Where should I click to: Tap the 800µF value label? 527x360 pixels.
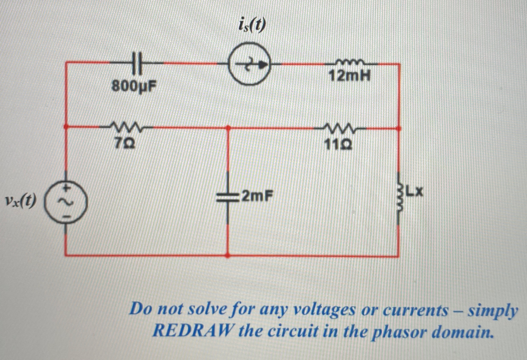click(134, 86)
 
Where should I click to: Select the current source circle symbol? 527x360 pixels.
click(250, 65)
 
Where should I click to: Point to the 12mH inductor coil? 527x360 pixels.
click(351, 62)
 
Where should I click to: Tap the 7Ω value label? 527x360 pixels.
click(122, 143)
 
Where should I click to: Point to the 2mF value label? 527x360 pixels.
click(256, 196)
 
